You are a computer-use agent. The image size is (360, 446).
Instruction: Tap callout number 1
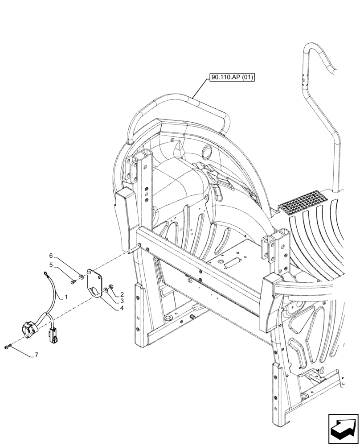(x=65, y=297)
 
